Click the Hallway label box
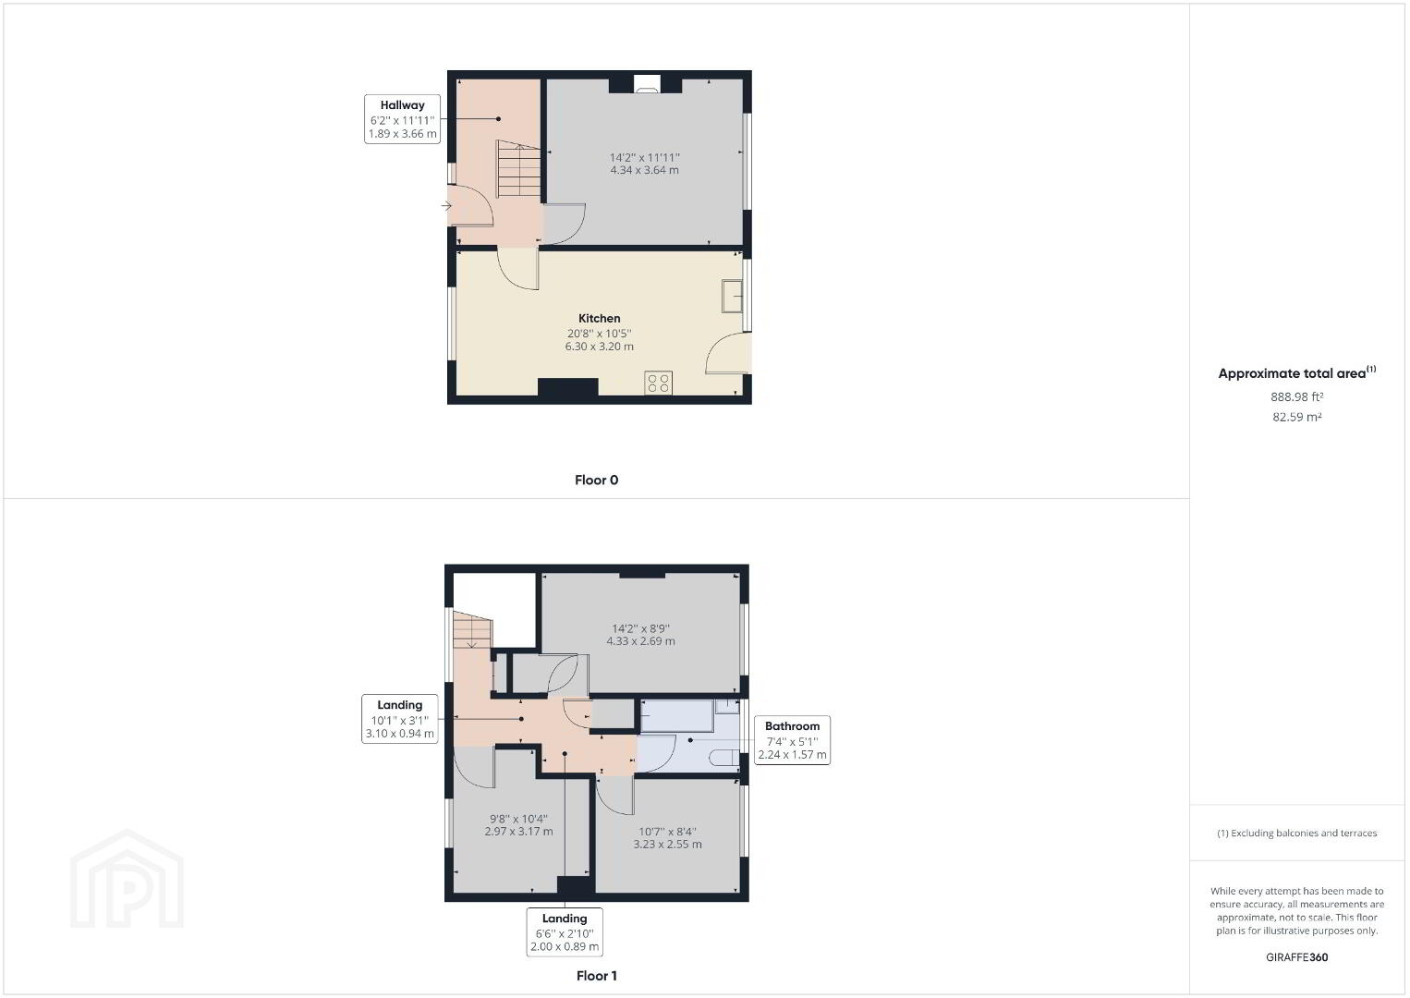pos(402,119)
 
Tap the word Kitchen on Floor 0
pos(600,319)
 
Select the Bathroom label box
pos(792,740)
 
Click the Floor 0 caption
pos(596,480)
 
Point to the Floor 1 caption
pos(596,975)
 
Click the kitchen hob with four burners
pos(659,383)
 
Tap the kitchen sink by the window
pos(732,296)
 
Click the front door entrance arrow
pos(446,206)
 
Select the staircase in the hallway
pos(518,170)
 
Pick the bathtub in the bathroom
pos(676,716)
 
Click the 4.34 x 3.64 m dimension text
pos(645,170)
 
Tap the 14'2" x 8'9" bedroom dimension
pos(641,628)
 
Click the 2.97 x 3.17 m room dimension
pos(518,831)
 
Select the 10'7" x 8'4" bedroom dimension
pos(667,831)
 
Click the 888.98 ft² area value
pos(1296,396)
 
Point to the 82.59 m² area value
pos(1296,417)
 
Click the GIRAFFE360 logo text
pos(1296,957)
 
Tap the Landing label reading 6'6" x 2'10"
pos(565,931)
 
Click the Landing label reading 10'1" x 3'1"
pos(400,719)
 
